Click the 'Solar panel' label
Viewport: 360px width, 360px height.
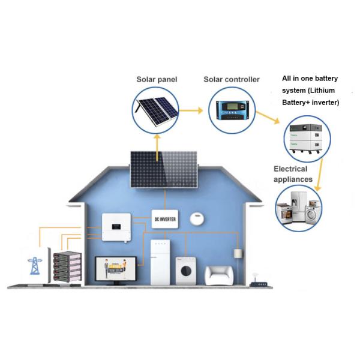coord(157,80)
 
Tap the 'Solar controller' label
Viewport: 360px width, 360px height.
coord(232,80)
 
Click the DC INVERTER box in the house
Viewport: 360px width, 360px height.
coord(166,220)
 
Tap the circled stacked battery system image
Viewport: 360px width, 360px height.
coord(308,137)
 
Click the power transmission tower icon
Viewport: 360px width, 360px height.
coord(31,265)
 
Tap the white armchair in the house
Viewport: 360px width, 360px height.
coord(221,275)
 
